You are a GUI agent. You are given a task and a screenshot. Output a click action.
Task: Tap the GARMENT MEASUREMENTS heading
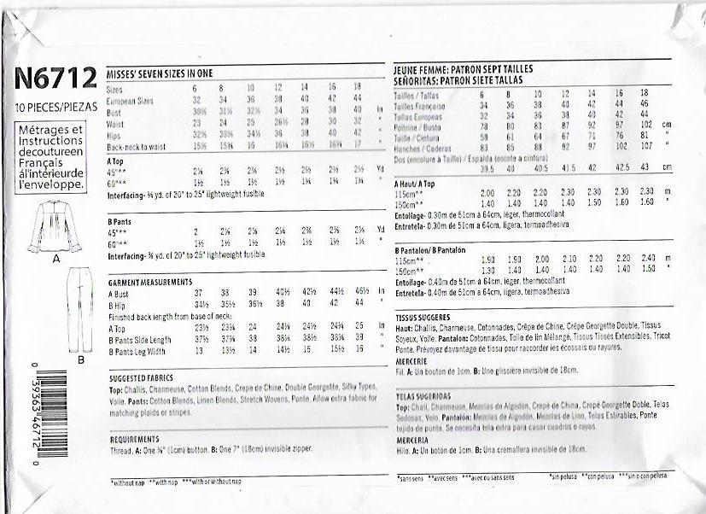coord(150,281)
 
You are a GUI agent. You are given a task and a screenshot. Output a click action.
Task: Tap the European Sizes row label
coord(130,100)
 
